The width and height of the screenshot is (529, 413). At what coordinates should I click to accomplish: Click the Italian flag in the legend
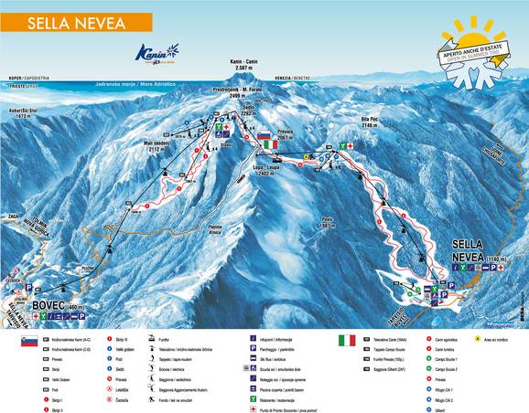pos(347,339)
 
